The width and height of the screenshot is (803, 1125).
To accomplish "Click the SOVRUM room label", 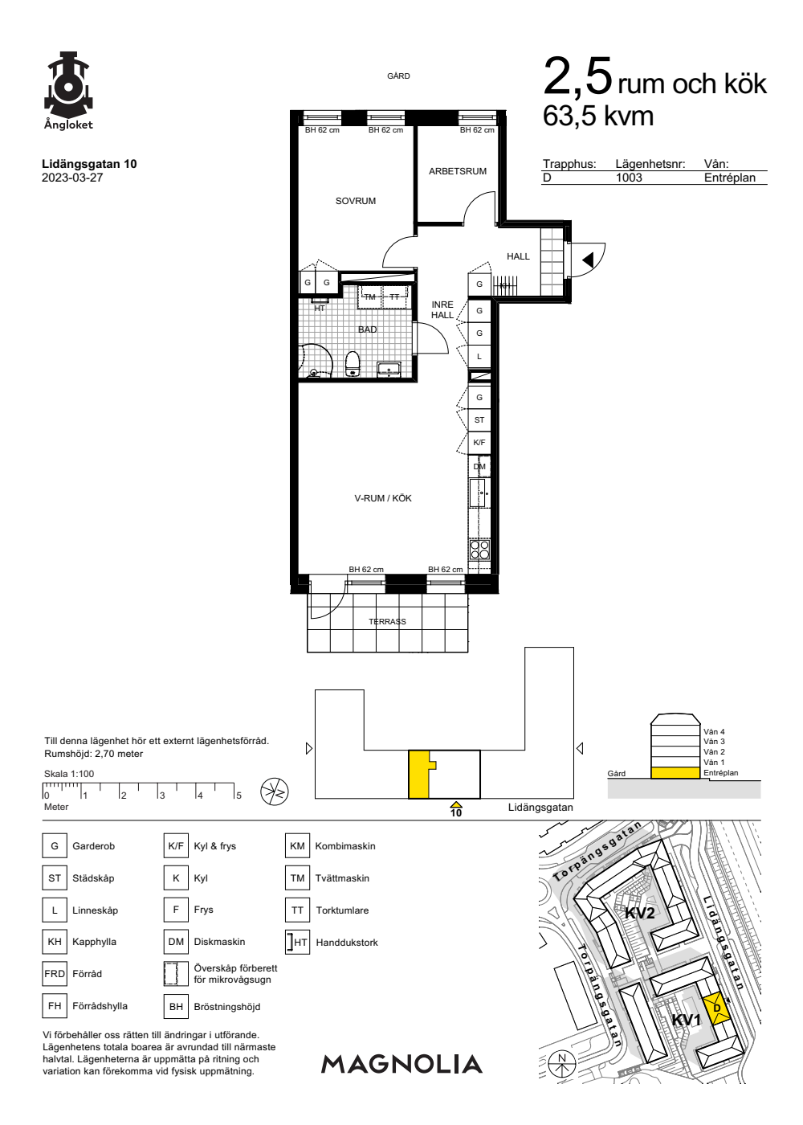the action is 355,201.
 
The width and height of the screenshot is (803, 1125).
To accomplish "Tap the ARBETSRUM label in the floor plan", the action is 457,171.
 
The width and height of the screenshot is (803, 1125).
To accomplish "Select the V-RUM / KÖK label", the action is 383,498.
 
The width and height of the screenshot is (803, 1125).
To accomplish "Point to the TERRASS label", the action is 387,622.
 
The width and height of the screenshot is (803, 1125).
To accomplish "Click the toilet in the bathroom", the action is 353,363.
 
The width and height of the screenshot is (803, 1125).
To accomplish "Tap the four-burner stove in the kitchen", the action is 479,550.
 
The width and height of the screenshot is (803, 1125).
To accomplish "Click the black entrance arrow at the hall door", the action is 588,260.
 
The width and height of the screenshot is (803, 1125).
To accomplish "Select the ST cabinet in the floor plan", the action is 479,419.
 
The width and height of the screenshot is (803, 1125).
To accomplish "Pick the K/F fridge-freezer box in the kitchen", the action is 479,443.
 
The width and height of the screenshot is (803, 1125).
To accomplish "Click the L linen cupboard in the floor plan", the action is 479,357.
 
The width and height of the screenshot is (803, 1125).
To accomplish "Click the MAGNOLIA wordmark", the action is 401,1064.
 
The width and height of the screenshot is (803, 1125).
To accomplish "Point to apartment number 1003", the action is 629,178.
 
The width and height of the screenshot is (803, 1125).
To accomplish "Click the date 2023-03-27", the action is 72,178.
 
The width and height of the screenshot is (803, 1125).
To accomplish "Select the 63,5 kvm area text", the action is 598,117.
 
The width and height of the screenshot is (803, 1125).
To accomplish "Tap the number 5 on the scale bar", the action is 239,796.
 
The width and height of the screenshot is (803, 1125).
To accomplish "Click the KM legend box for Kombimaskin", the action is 297,845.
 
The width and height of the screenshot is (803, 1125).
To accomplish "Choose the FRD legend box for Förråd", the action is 55,974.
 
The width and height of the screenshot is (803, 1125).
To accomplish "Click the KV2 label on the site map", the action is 640,913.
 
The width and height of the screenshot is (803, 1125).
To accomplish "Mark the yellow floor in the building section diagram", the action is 675,773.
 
